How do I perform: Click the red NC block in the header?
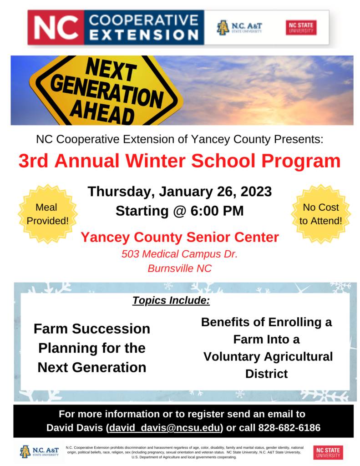[56, 27]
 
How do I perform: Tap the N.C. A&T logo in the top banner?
[239, 28]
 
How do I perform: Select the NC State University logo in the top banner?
[301, 28]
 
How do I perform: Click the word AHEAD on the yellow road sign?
[102, 112]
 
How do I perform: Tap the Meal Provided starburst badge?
[48, 214]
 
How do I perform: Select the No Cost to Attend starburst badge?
[321, 214]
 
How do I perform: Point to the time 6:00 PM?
[217, 211]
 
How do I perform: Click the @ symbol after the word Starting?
[180, 211]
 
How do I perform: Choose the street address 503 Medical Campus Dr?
[180, 254]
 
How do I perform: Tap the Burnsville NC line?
[180, 268]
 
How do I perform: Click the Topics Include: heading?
[171, 300]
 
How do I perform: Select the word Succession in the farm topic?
[111, 329]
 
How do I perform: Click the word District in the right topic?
[267, 374]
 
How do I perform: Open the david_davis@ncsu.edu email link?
[164, 428]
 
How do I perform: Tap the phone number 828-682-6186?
[289, 428]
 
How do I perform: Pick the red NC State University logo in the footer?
[328, 452]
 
